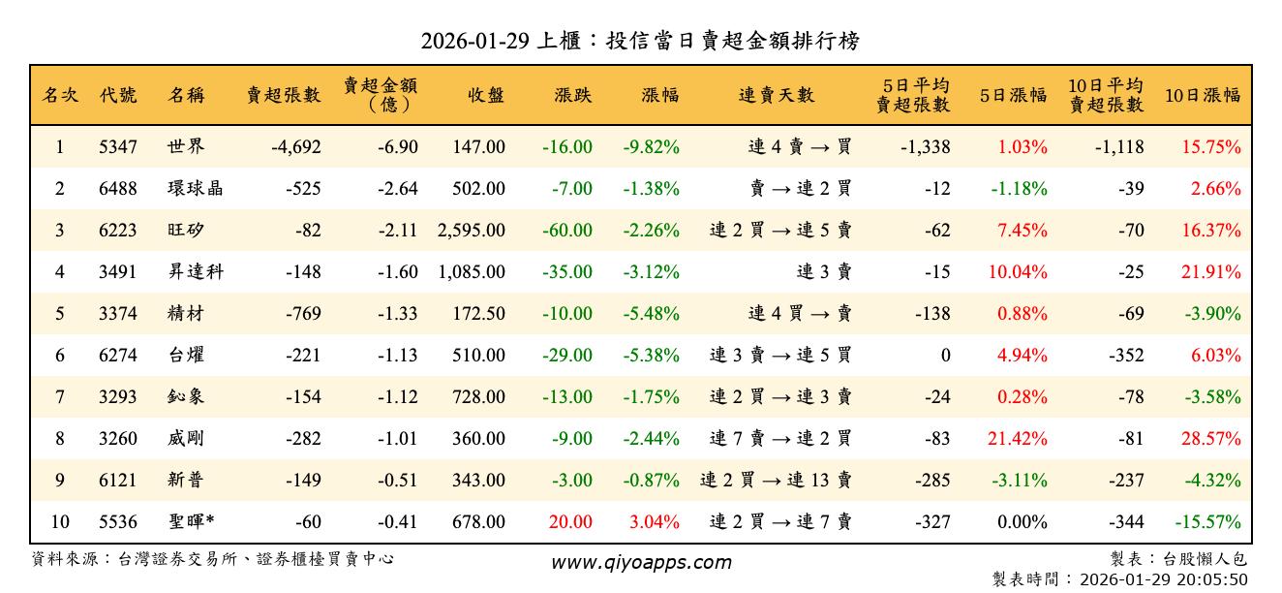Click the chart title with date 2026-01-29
(x=640, y=41)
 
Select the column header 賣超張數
(x=283, y=95)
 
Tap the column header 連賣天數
(x=777, y=95)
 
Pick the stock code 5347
(x=118, y=147)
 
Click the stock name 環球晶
(x=195, y=189)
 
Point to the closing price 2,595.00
(x=472, y=231)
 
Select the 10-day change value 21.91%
(x=1210, y=272)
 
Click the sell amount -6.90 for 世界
(x=398, y=147)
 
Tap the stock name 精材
(x=185, y=314)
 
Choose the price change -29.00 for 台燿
(x=567, y=356)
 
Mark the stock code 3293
(x=118, y=397)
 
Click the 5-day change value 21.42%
(x=1017, y=439)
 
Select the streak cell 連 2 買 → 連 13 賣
(x=776, y=481)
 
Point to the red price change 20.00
(x=570, y=522)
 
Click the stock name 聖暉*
(x=190, y=522)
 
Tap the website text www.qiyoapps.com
(x=641, y=562)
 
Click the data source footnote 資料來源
(x=213, y=559)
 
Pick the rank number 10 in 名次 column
(x=60, y=522)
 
